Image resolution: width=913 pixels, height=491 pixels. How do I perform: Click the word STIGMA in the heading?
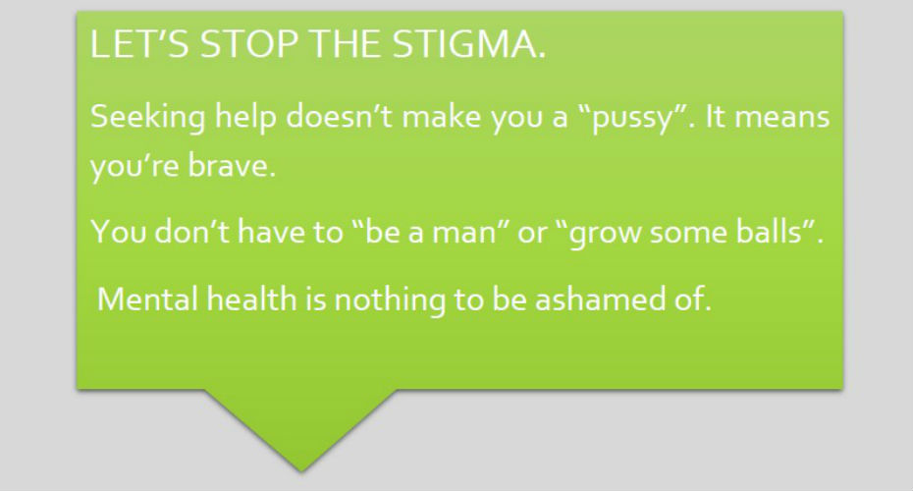pyautogui.click(x=469, y=43)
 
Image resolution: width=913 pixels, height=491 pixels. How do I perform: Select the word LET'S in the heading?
pyautogui.click(x=139, y=43)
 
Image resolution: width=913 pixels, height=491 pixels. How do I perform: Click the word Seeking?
pyautogui.click(x=148, y=118)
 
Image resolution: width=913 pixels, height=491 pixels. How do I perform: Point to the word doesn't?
pyautogui.click(x=339, y=116)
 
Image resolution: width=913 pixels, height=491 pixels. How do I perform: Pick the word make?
pyautogui.click(x=442, y=116)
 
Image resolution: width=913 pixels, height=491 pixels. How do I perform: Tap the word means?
pyautogui.click(x=782, y=117)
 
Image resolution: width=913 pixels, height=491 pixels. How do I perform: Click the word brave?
pyautogui.click(x=231, y=166)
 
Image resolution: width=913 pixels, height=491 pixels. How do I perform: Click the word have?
pyautogui.click(x=271, y=231)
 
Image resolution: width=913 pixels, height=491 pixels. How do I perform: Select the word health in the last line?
pyautogui.click(x=251, y=299)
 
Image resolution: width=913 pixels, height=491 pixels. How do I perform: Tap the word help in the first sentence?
pyautogui.click(x=245, y=118)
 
